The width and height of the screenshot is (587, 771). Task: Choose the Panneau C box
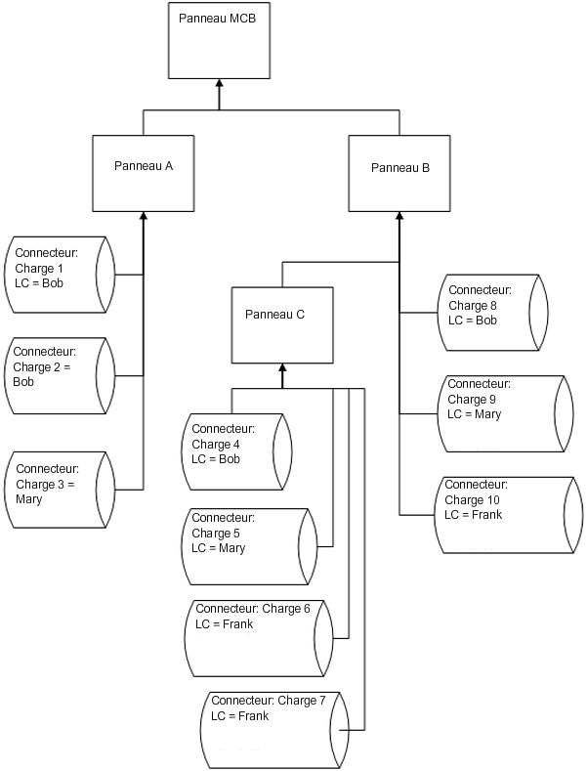[281, 322]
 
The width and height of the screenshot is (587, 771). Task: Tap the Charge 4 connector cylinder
[236, 451]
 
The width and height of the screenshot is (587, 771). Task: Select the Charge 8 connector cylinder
[491, 313]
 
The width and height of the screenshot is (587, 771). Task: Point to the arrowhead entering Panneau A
[144, 215]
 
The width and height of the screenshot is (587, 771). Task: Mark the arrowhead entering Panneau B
[398, 215]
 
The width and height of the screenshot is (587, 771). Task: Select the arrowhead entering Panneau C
[281, 368]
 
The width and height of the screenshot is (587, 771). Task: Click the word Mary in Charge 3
[29, 498]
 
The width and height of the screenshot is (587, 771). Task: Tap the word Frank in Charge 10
[485, 514]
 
